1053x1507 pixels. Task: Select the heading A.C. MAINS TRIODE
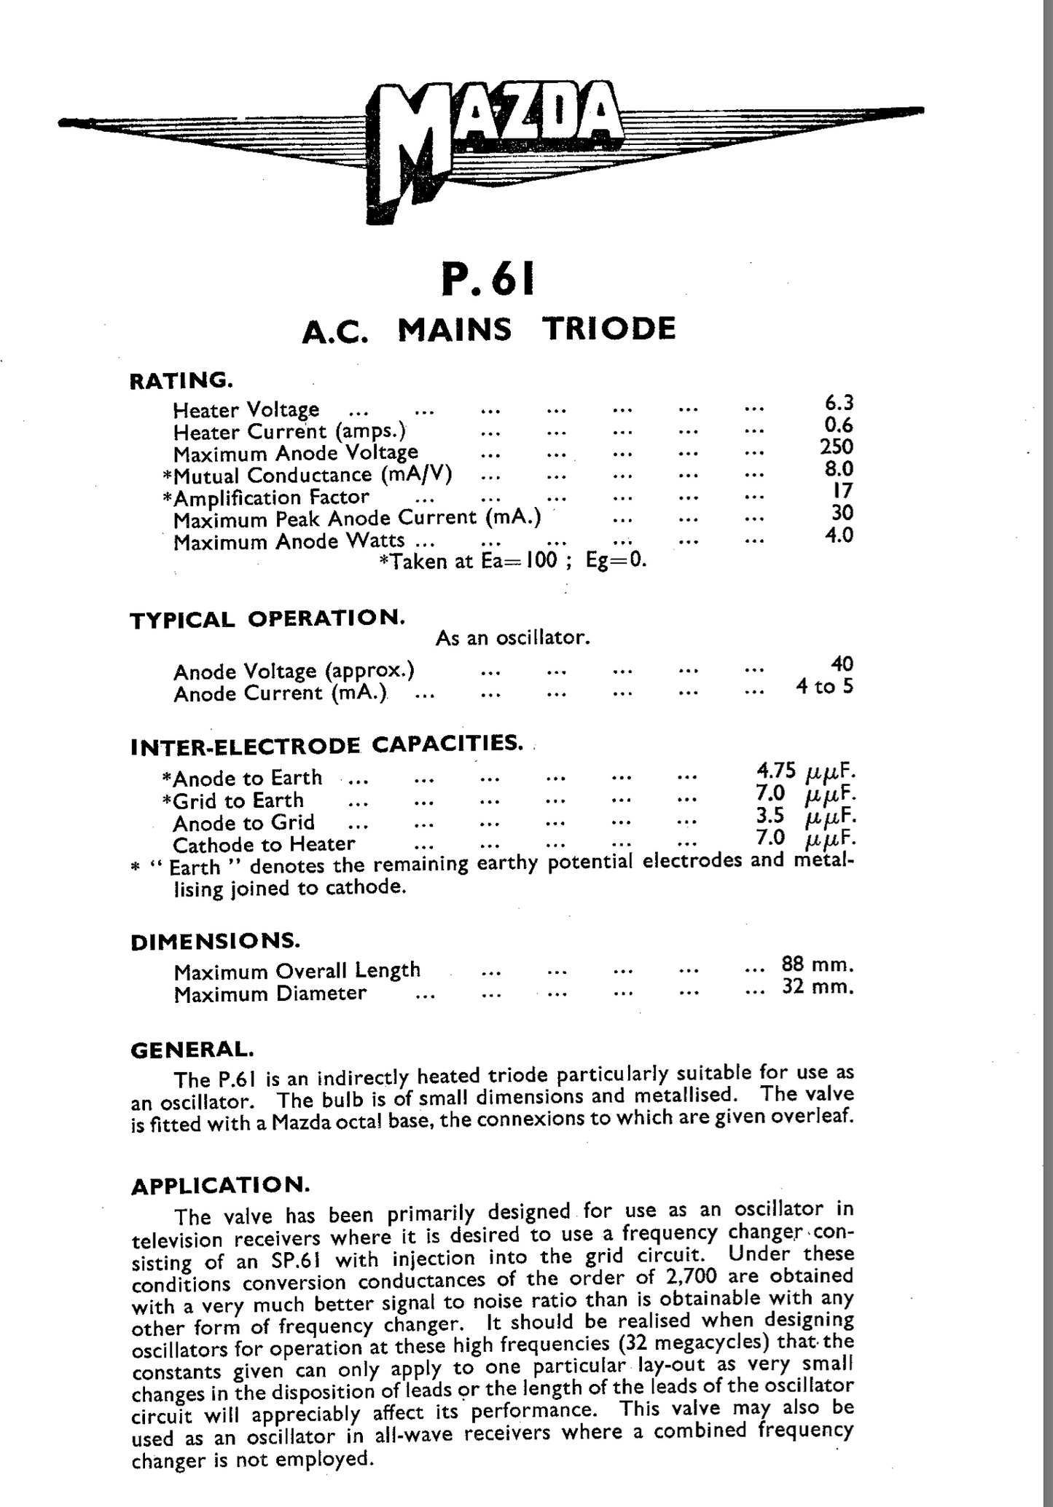(x=488, y=329)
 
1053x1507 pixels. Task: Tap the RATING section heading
(x=181, y=380)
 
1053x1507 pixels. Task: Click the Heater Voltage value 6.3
(x=838, y=403)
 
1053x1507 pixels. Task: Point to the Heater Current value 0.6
(x=838, y=425)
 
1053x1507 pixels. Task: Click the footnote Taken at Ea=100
(x=513, y=562)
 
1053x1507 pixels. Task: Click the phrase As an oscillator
(x=512, y=639)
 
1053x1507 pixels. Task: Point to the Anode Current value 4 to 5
(x=824, y=686)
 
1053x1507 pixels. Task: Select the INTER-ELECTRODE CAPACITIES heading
(x=326, y=745)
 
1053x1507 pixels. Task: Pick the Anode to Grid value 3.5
(x=770, y=816)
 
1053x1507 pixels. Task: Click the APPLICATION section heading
(x=220, y=1186)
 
